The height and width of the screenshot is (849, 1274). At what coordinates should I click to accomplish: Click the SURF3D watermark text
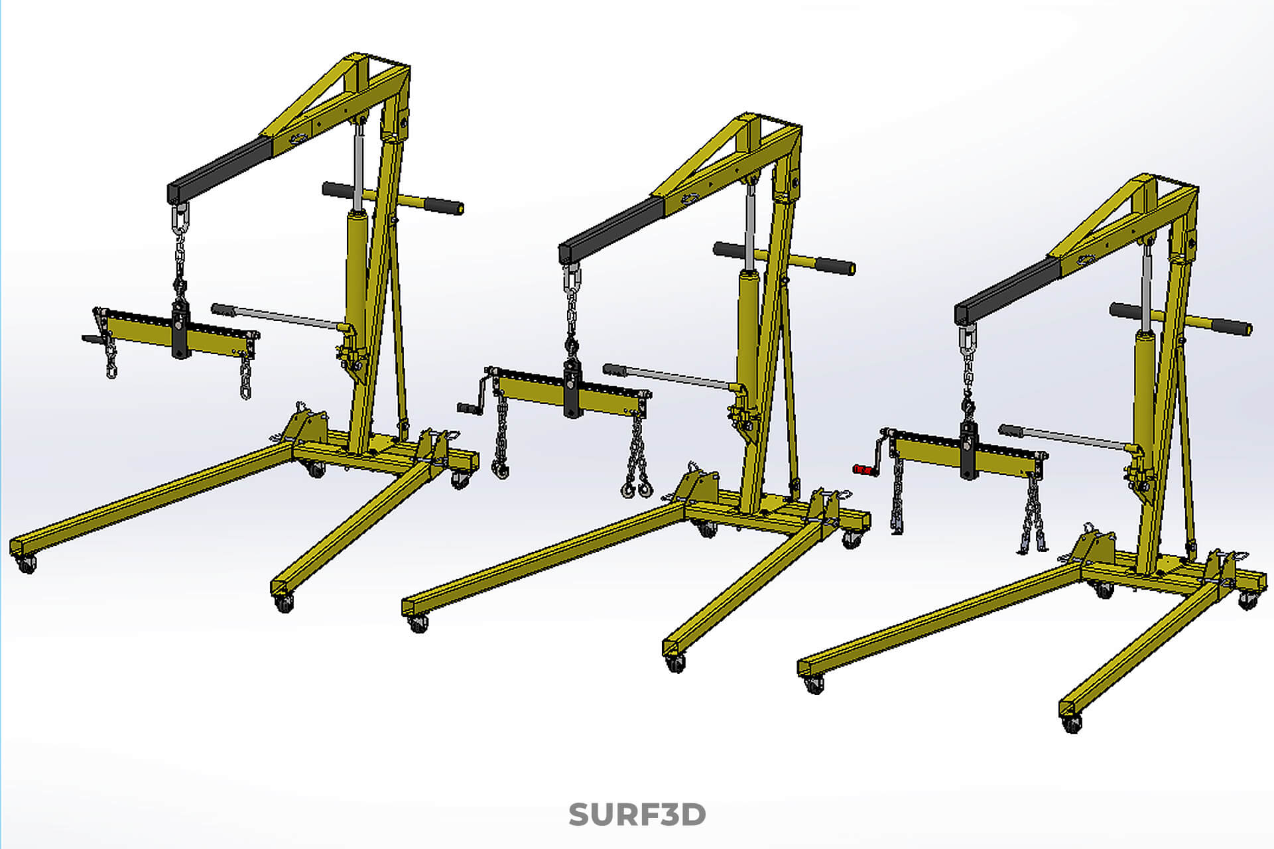tap(637, 815)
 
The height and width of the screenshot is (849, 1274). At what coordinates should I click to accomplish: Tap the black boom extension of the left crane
tap(219, 170)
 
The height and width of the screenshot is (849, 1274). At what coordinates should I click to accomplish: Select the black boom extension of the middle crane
tap(610, 229)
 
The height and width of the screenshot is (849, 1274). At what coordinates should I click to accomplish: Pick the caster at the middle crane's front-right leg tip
tap(675, 663)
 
